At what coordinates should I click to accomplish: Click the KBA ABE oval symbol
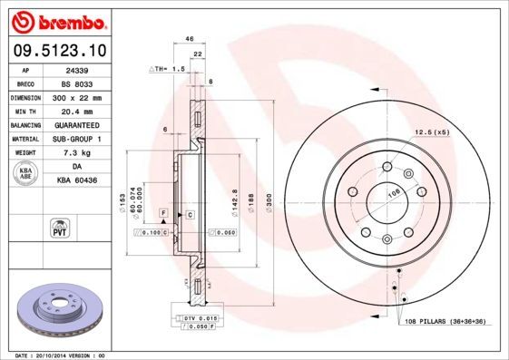pyautogui.click(x=25, y=174)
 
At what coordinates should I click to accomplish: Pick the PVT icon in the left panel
pyautogui.click(x=57, y=227)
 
